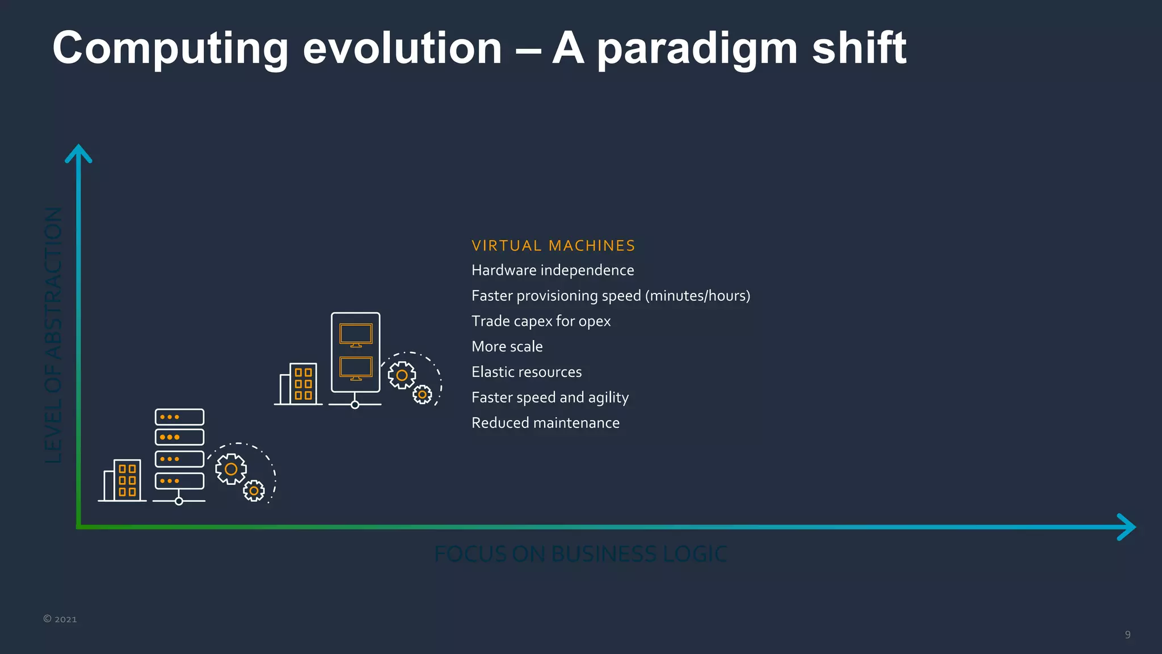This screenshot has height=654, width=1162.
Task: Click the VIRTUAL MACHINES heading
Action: coord(553,246)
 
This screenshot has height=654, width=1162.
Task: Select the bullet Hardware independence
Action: coord(553,270)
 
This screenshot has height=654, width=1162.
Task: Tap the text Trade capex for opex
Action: coord(541,321)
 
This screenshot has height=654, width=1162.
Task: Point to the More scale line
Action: coord(507,347)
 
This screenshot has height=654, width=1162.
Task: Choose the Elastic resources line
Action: coord(527,372)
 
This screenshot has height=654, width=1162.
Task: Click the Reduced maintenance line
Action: coord(545,423)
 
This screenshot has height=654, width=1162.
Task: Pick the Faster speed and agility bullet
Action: coord(550,397)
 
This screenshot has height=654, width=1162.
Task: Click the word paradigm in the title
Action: coord(697,49)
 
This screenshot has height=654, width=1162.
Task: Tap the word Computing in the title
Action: coord(170,49)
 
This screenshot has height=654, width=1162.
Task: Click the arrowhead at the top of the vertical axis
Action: coord(78,153)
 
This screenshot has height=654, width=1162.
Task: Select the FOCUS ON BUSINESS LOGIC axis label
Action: coord(580,554)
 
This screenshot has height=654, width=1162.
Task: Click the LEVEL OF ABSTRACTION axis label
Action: coord(53,335)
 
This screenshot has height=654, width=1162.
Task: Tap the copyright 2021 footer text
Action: coord(60,619)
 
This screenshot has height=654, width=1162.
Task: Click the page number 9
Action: coord(1127,635)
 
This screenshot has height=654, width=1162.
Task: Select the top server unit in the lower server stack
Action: coord(179,417)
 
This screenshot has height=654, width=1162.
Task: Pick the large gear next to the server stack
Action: coord(231,469)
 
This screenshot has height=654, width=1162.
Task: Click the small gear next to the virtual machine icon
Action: coord(422,395)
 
